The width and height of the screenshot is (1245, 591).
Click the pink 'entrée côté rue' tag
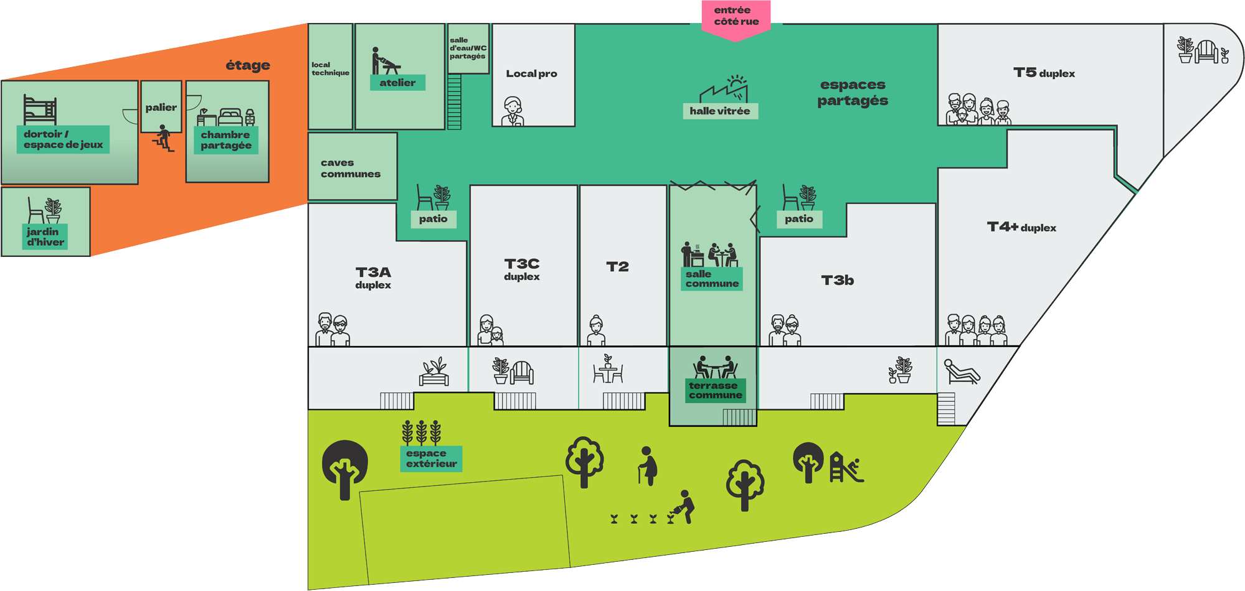[x=736, y=17]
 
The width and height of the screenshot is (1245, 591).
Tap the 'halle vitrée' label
[x=720, y=111]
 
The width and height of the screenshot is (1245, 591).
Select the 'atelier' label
[x=397, y=83]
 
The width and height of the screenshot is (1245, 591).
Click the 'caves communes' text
[x=350, y=169]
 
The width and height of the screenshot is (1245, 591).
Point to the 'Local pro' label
[x=531, y=74]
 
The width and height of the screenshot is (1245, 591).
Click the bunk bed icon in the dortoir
[x=40, y=109]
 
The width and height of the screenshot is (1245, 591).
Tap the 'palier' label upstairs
[x=161, y=108]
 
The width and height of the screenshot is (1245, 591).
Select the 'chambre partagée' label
[x=226, y=141]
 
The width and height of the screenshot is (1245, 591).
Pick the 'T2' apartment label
[x=617, y=267]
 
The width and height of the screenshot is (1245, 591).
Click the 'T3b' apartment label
[x=837, y=281]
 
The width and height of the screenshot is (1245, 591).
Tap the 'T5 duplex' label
[x=1044, y=73]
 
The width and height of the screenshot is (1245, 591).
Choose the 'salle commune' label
[x=712, y=279]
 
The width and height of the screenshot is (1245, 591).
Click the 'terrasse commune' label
[x=716, y=391]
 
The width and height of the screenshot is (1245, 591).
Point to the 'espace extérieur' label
[x=431, y=458]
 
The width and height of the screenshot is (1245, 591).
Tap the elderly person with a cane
[x=648, y=466]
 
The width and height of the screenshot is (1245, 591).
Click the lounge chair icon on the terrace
[x=962, y=371]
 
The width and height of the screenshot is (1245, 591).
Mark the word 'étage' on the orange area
[x=248, y=65]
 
